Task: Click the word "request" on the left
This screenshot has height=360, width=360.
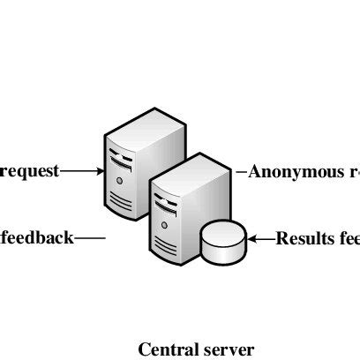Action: tap(30, 171)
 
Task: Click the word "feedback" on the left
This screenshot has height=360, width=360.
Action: tap(37, 237)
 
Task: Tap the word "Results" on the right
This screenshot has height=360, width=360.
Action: tap(304, 237)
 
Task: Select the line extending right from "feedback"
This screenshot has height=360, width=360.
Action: tap(91, 237)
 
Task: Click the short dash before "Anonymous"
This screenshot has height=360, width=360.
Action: tap(241, 171)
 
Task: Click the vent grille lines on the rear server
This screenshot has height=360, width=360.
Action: tap(122, 201)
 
